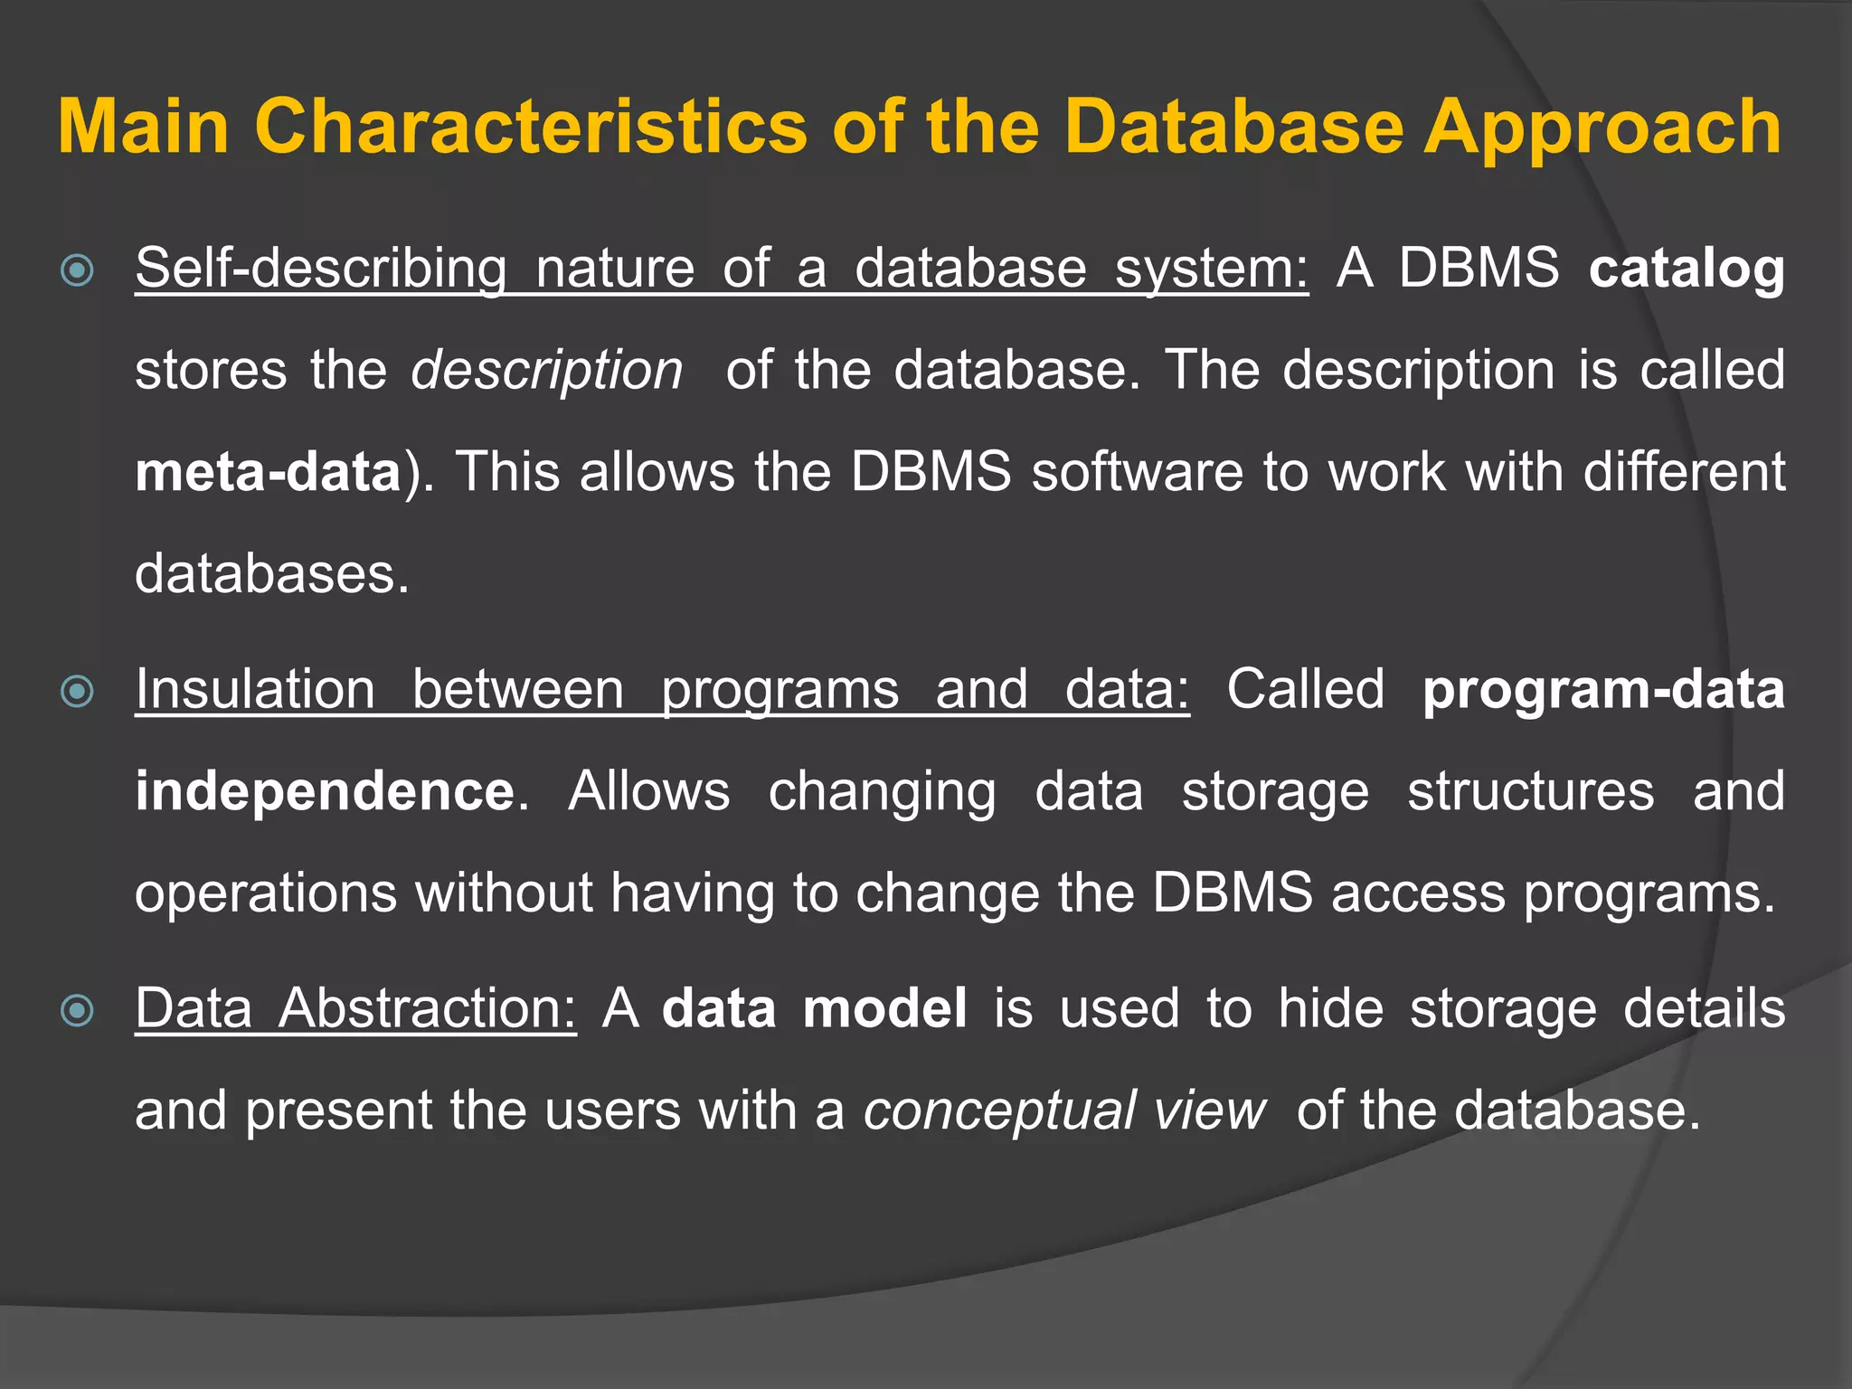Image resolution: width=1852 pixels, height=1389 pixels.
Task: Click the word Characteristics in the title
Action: click(x=530, y=127)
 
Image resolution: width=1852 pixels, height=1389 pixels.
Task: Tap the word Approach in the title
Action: click(x=1602, y=128)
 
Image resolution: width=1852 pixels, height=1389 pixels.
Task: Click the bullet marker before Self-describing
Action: click(x=78, y=270)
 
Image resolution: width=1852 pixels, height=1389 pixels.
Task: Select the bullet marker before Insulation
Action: click(x=78, y=692)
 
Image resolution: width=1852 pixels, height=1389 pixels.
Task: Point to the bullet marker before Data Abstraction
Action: click(x=78, y=1010)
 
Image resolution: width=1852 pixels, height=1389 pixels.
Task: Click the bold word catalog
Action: click(x=1686, y=269)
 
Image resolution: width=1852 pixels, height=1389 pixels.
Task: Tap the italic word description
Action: click(x=546, y=371)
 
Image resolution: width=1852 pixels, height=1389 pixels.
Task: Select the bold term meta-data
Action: click(x=268, y=472)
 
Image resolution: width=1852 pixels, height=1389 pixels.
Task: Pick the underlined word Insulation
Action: click(x=255, y=690)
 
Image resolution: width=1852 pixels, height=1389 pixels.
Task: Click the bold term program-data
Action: click(x=1603, y=690)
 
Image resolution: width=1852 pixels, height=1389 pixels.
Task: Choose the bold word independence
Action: click(x=325, y=791)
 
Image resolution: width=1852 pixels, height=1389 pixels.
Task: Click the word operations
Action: click(x=266, y=893)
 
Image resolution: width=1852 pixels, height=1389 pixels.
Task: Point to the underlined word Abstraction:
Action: click(x=427, y=1008)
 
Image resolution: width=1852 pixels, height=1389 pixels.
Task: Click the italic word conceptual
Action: click(x=998, y=1110)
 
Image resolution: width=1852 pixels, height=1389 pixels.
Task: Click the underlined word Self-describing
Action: click(x=321, y=269)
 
